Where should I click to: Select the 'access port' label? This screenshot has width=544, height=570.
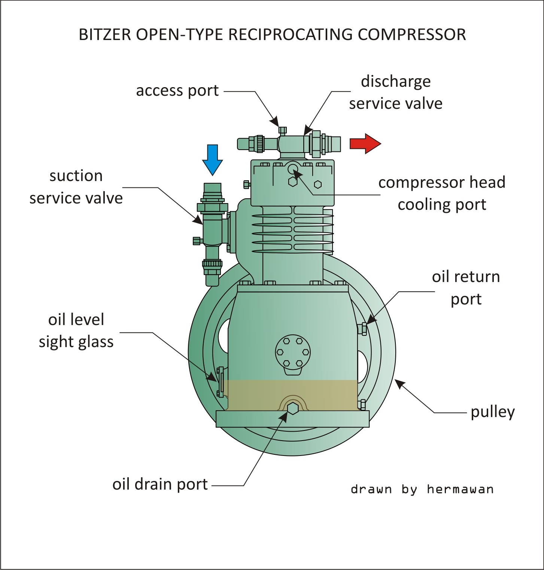tap(177, 91)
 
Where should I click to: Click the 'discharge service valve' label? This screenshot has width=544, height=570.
tap(396, 92)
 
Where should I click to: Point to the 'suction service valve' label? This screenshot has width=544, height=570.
tap(76, 187)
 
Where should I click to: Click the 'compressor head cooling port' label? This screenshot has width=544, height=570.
tap(442, 193)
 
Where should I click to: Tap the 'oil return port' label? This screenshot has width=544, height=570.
tap(466, 288)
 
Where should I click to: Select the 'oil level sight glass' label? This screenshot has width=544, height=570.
tap(76, 331)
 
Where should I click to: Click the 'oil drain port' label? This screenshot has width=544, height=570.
tap(160, 484)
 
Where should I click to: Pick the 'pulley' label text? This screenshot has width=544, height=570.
tap(493, 412)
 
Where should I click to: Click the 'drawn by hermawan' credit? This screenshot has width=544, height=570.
tap(422, 489)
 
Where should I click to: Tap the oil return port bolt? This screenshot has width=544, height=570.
tap(362, 329)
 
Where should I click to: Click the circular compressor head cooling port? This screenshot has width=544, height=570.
tap(292, 169)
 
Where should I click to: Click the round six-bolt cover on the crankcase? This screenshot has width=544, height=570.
tap(292, 352)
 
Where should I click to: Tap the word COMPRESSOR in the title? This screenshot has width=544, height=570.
tap(412, 35)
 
